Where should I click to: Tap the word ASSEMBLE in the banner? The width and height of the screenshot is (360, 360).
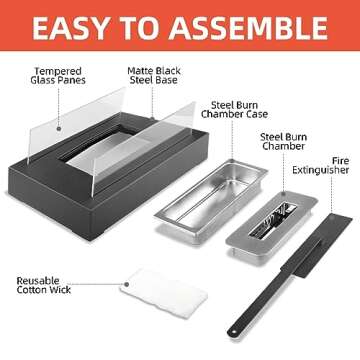point(248,28)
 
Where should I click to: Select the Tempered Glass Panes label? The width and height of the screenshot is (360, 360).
point(58,76)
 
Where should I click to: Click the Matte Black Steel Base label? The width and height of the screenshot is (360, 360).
point(154,75)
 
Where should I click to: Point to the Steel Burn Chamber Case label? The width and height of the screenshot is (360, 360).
point(234,110)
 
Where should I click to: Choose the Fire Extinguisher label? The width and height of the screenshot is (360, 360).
point(321,166)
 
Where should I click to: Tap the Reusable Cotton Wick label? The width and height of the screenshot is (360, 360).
point(44,285)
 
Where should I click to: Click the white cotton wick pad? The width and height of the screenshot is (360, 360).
point(164,293)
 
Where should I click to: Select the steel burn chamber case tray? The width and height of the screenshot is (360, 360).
point(211,201)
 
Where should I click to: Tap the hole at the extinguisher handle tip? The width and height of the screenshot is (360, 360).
point(232,332)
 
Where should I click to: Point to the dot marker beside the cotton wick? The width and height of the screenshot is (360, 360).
point(127,284)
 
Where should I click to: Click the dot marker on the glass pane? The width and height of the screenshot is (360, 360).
point(59,128)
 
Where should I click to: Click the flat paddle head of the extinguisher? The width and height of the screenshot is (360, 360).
point(317,244)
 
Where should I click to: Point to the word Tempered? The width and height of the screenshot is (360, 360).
point(58,71)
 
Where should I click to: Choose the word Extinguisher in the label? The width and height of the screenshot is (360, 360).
point(321,170)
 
